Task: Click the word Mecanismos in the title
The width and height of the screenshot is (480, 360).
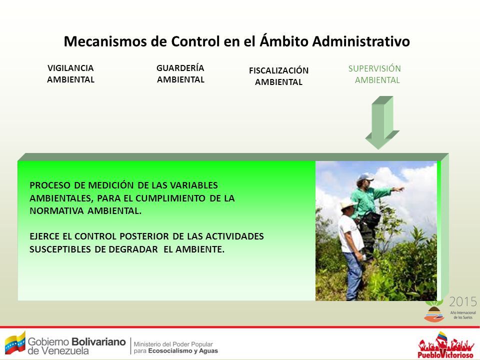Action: coord(105,41)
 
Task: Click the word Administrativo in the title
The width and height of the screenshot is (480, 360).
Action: coord(361,41)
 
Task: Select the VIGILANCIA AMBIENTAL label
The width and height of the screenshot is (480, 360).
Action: coord(70,74)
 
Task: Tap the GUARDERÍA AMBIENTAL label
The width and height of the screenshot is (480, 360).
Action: coord(180,73)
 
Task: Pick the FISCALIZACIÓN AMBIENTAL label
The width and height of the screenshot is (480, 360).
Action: coord(278,76)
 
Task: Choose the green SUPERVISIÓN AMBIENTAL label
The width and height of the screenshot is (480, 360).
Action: coord(374,74)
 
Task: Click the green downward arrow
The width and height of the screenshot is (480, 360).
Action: coord(382,122)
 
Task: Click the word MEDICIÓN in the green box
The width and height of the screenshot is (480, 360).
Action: coord(111,185)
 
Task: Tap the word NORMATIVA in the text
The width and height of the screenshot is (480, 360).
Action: coord(56,211)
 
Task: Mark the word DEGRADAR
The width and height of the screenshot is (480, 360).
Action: coord(133,249)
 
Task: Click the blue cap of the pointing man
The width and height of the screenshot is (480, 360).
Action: coord(365,177)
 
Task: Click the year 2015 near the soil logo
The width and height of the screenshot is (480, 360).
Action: coord(463,302)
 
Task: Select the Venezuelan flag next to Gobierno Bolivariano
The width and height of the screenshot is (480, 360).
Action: coord(15,342)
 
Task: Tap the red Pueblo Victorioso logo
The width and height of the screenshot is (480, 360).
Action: coord(445,345)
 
